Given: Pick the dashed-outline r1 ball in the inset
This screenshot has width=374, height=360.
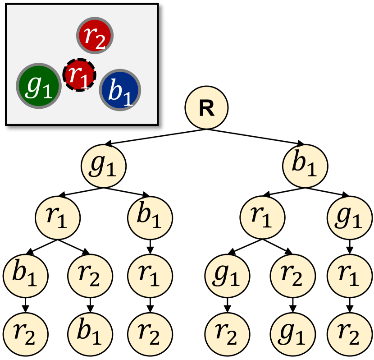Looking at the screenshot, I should (79, 75).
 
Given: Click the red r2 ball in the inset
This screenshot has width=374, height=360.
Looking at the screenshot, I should (94, 36).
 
